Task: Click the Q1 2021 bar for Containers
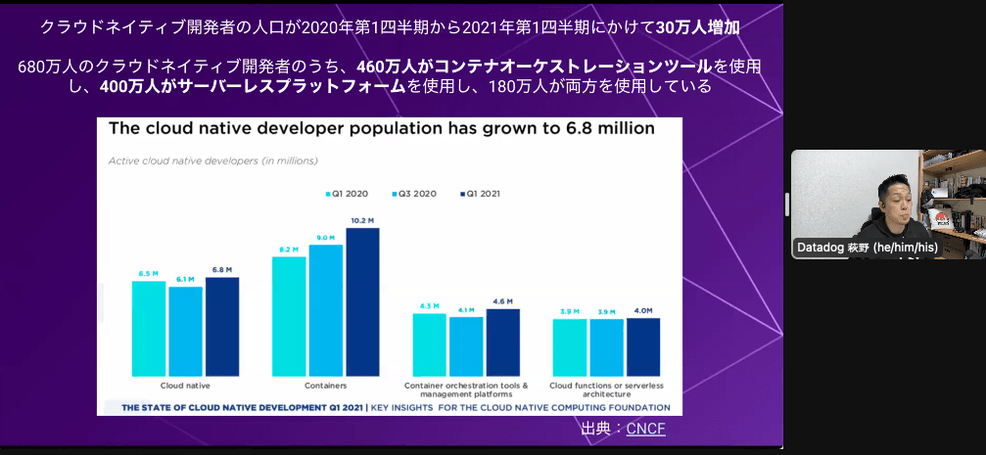pos(362,302)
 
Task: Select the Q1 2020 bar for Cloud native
pos(149,329)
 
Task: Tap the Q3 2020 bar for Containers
pos(326,310)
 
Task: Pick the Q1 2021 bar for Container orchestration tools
pos(503,342)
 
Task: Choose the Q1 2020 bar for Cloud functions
pos(570,347)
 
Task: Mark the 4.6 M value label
pos(503,302)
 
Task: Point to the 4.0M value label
pos(643,311)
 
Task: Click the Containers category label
pos(325,386)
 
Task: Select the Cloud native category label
pos(185,386)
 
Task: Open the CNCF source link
pos(645,429)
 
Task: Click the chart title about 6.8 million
pos(381,128)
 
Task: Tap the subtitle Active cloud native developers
pos(212,159)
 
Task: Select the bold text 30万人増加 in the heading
pos(696,27)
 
